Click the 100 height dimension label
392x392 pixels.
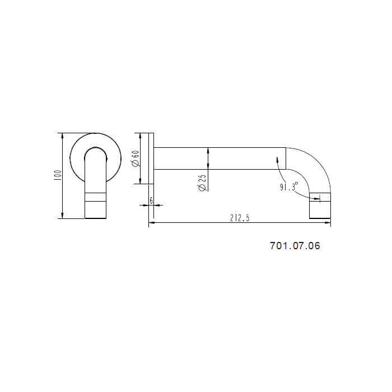[58, 175]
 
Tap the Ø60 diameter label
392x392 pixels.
[136, 158]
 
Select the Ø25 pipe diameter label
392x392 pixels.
[202, 183]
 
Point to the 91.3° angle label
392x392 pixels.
[289, 186]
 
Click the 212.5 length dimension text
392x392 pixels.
[240, 218]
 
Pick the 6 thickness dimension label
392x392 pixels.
[151, 200]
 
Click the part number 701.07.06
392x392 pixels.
[295, 246]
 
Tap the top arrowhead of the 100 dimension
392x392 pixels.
[62, 136]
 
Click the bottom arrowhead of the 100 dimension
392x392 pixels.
[62, 216]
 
